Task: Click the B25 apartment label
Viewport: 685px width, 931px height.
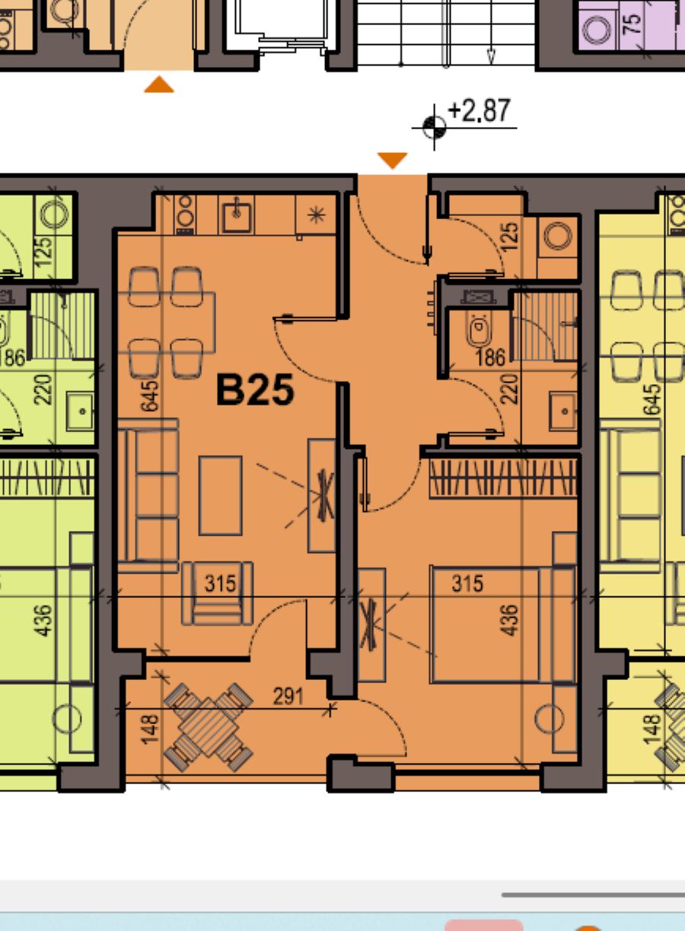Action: [x=255, y=389]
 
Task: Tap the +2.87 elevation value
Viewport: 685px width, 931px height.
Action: [x=479, y=110]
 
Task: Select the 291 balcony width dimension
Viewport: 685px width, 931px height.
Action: [x=288, y=696]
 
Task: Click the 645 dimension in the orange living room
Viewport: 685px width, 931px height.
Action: [x=150, y=396]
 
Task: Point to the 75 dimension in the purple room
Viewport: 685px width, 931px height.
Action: [x=632, y=24]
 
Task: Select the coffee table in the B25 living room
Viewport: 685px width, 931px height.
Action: [x=221, y=495]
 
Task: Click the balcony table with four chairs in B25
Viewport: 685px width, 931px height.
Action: [x=208, y=727]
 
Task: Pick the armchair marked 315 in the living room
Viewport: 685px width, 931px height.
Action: [x=217, y=593]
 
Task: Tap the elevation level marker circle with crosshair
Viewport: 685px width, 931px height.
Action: [x=434, y=127]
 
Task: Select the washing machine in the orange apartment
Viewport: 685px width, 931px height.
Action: [x=557, y=236]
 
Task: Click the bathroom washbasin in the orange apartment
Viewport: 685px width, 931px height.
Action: [x=563, y=411]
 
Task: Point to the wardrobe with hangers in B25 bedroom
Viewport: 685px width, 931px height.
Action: [x=503, y=478]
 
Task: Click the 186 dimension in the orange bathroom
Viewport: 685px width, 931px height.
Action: [x=491, y=357]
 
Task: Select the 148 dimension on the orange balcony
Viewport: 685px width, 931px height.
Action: [x=150, y=729]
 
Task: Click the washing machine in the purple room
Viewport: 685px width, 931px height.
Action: [x=597, y=30]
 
